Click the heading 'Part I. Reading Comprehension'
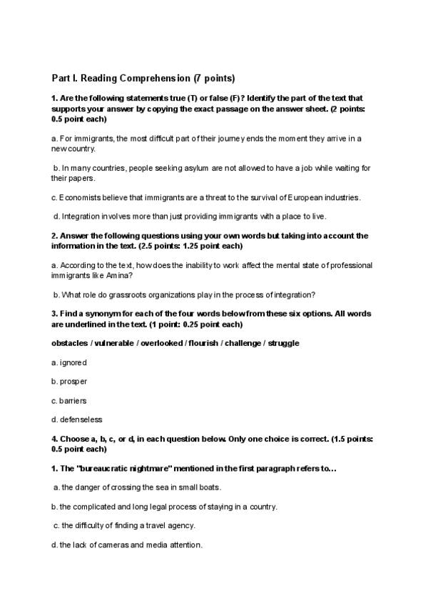click(x=143, y=78)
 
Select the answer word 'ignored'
click(x=73, y=363)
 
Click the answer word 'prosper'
click(x=73, y=382)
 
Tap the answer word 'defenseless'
click(x=81, y=419)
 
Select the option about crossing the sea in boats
click(x=140, y=487)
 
